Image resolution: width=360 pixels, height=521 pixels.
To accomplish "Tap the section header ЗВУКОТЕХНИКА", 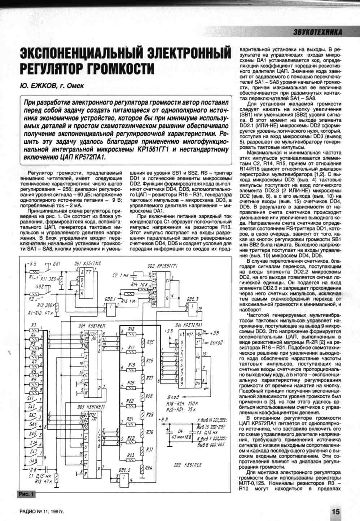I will pos(318,32).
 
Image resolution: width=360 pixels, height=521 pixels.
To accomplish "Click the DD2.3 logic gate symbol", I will pos(193,307).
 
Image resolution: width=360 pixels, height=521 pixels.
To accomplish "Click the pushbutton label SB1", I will pos(57,264).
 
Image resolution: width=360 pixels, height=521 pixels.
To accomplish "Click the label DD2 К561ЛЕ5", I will pos(187,465).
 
